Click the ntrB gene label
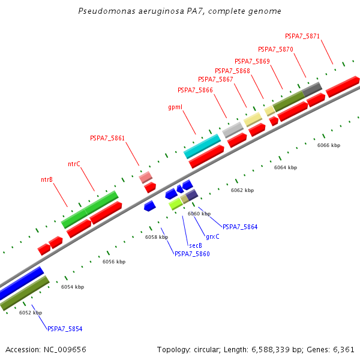[47, 179]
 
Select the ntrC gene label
[74, 164]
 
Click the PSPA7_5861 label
[107, 138]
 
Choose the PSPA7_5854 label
[65, 329]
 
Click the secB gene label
[195, 245]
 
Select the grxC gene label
[212, 236]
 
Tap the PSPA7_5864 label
[240, 227]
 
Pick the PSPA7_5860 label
[192, 254]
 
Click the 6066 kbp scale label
[329, 145]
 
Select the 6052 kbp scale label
[31, 313]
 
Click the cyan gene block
[202, 146]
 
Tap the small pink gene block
[145, 177]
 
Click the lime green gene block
[175, 204]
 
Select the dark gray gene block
[312, 89]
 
